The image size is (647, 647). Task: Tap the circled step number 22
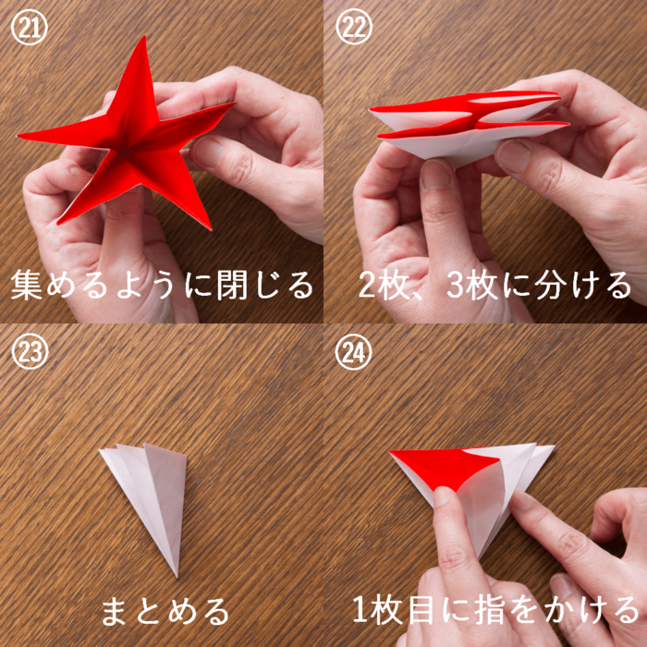354,27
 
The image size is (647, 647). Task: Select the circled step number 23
30,351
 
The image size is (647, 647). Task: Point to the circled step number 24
354,351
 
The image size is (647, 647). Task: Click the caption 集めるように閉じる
162,285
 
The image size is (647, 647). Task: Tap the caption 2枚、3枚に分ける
495,285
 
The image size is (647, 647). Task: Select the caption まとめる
165,610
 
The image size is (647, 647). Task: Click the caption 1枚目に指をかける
495,610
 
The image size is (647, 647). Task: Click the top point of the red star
144,37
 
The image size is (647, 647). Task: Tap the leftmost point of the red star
18,135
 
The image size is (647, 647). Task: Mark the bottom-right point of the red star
211,229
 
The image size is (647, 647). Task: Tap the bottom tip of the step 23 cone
177,577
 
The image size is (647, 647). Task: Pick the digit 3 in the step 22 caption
456,286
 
